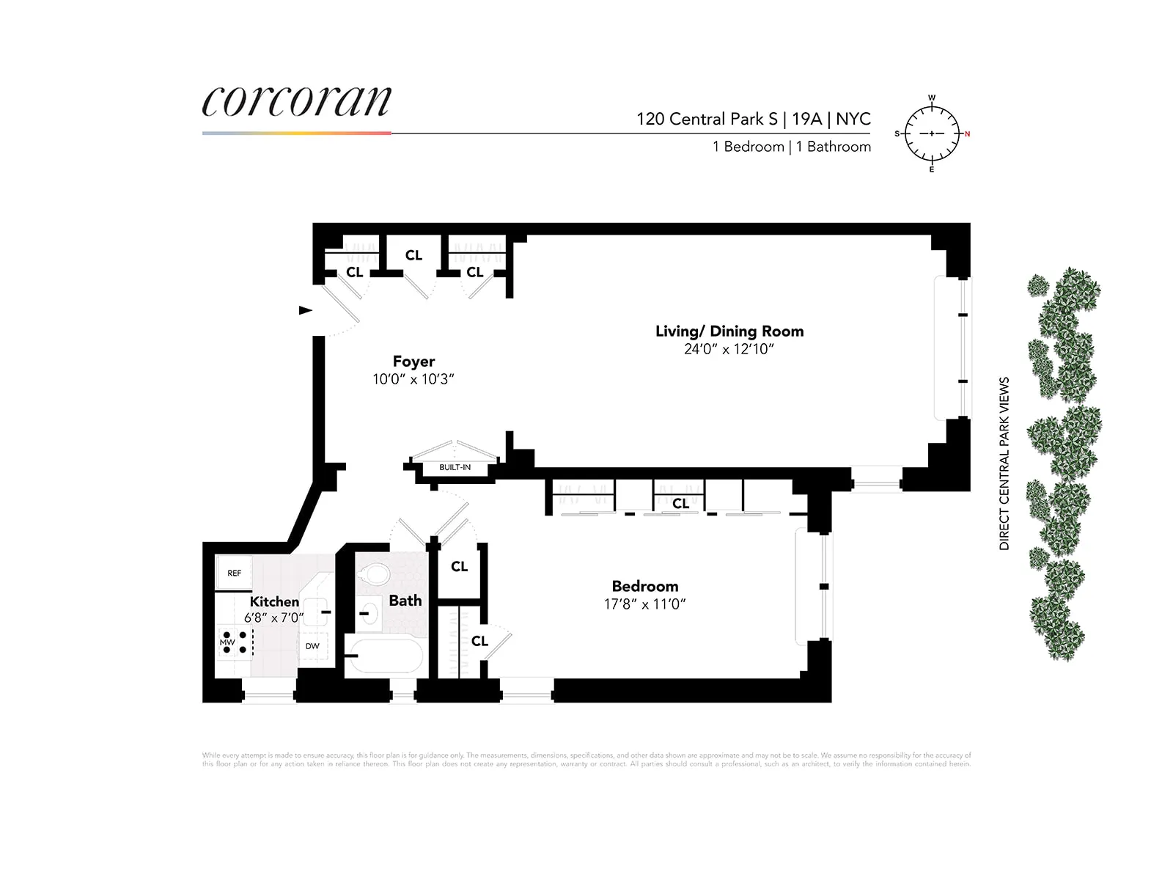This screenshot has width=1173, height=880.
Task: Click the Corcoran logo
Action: click(296, 103)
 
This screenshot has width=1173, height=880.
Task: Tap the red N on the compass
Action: click(967, 134)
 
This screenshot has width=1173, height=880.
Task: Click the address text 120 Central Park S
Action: click(707, 119)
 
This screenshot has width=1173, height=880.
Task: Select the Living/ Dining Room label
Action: click(729, 331)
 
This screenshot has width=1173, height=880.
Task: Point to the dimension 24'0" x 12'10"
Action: click(729, 350)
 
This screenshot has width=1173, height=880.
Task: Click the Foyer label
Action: click(413, 362)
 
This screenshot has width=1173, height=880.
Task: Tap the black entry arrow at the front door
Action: click(305, 310)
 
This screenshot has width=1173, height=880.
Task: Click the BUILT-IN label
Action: click(455, 467)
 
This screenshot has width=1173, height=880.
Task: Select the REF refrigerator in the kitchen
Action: click(234, 573)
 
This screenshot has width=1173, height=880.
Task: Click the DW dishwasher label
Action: click(312, 646)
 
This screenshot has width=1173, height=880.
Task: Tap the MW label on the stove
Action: click(227, 642)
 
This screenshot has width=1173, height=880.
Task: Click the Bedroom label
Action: click(645, 587)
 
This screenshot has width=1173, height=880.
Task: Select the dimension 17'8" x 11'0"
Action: click(644, 604)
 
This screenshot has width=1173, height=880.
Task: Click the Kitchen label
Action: click(274, 602)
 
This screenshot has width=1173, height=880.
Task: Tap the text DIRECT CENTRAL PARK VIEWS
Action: click(1004, 463)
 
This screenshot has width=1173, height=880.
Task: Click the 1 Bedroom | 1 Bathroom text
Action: click(792, 147)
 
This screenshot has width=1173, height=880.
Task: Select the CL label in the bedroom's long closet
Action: click(680, 503)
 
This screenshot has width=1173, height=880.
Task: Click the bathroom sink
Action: click(370, 612)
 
